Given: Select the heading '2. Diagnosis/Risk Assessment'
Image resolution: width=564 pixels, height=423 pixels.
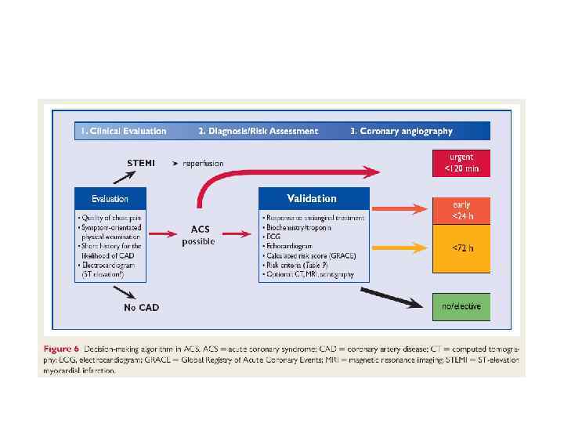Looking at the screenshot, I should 258,132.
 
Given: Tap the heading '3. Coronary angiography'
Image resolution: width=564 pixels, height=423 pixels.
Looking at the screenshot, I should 400,132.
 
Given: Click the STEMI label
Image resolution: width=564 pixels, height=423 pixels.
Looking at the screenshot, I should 141,163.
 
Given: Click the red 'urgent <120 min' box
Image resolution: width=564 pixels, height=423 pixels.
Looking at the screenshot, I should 461,162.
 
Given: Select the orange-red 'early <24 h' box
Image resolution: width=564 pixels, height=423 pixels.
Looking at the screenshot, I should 461,210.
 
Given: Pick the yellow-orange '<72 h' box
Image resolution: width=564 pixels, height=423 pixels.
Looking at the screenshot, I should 461,248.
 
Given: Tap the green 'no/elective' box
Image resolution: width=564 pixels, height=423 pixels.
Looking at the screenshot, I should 461,306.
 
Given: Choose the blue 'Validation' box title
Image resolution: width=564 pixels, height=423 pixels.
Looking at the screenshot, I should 311,198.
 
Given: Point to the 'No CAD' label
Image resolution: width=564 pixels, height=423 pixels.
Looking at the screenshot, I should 141,307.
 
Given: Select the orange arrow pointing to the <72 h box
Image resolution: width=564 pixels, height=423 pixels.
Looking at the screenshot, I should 399,248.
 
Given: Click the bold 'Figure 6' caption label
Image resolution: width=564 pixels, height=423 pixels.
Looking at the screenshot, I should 60,345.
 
